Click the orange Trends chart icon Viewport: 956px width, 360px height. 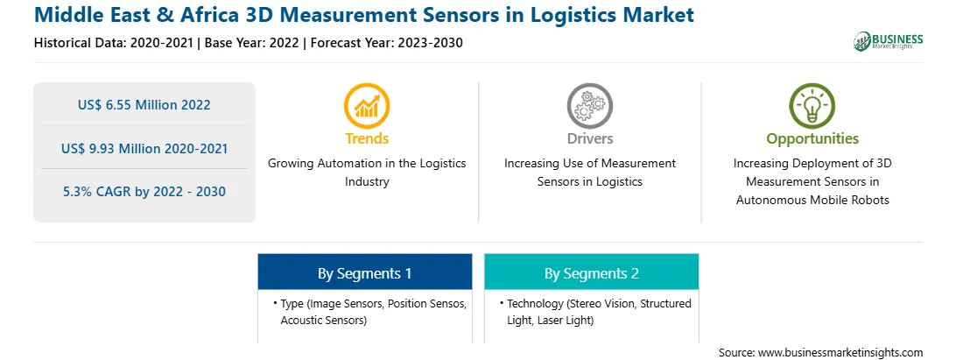[367, 106]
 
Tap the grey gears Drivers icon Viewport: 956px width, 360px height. [589, 106]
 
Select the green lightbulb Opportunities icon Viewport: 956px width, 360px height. [812, 106]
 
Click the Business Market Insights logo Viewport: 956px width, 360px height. [888, 41]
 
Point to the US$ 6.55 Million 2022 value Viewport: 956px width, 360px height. [144, 104]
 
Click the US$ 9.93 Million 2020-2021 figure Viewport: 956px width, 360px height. [144, 148]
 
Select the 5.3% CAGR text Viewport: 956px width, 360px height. [144, 192]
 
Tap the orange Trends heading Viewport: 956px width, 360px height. [367, 138]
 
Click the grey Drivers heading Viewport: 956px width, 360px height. [589, 138]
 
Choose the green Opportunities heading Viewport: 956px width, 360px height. [812, 139]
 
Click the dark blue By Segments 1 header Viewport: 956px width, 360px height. [364, 272]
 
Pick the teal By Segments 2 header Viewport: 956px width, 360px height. [592, 272]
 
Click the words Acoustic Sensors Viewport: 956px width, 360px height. [323, 321]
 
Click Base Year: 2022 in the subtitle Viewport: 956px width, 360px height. [252, 43]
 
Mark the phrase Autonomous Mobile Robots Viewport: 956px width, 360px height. [812, 200]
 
